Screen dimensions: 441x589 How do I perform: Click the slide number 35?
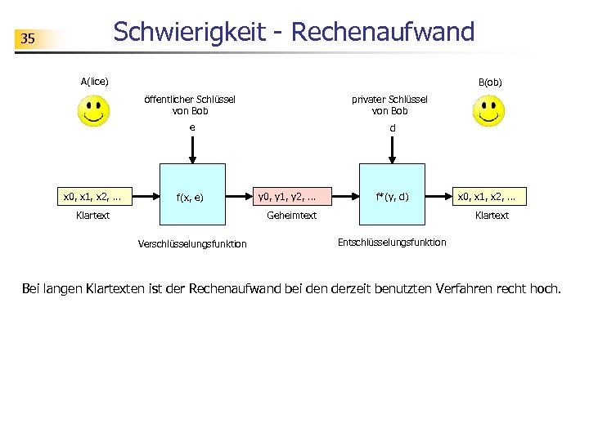click(28, 38)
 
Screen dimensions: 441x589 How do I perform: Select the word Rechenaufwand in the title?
click(382, 32)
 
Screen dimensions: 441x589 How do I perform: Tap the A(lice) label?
click(95, 81)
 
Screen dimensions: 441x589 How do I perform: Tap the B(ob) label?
click(490, 82)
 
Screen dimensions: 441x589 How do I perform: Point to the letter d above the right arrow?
click(393, 128)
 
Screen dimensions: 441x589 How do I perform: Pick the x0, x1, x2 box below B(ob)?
click(492, 196)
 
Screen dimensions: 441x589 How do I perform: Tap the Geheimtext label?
click(292, 216)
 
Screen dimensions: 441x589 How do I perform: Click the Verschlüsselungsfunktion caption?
click(193, 244)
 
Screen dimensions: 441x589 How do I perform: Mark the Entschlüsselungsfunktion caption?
click(392, 243)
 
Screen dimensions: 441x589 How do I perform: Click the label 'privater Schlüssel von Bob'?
click(389, 105)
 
